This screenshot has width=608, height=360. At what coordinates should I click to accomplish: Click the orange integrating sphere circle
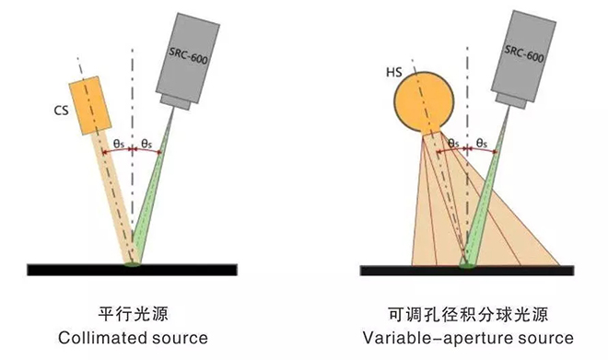tap(424, 101)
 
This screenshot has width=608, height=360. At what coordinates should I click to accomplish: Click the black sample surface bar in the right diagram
tap(468, 270)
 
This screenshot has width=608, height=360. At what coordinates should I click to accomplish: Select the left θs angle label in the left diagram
tap(120, 143)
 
